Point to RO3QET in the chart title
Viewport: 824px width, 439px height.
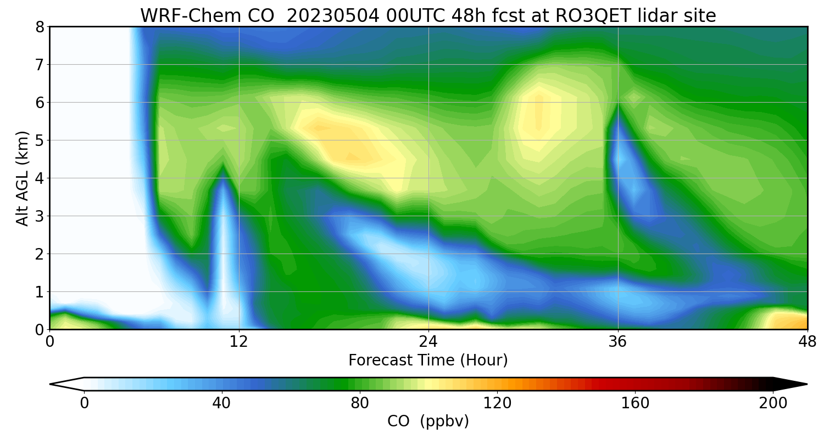592,15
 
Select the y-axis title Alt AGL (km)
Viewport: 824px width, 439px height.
23,178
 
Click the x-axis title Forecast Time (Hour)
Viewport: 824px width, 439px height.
428,361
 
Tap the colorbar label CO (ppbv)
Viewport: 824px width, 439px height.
428,421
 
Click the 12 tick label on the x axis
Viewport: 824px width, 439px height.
239,341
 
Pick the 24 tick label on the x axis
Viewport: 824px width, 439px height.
428,341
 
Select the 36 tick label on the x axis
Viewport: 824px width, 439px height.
618,341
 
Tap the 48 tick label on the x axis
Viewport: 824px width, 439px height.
807,341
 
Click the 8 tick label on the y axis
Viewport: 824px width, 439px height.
40,27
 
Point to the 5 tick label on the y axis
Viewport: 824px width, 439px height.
40,140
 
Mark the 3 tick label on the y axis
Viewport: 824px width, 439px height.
40,216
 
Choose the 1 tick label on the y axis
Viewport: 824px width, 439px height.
40,291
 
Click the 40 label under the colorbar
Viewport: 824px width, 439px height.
221,403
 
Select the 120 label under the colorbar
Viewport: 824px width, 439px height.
497,403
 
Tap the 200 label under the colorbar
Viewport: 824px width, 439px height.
773,403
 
